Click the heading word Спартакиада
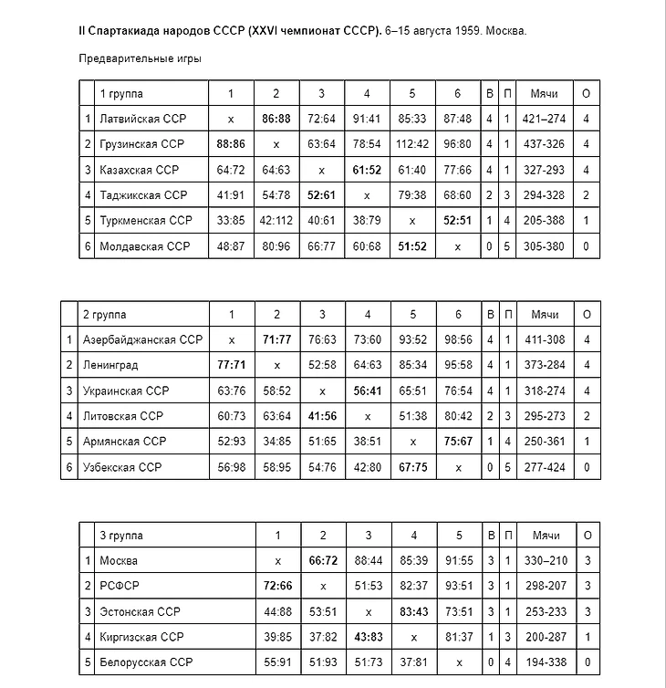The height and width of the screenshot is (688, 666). pos(123,31)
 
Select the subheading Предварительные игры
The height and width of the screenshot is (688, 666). pos(140,58)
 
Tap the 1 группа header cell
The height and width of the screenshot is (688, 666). pos(121,93)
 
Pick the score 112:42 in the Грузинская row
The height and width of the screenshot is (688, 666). pos(412,144)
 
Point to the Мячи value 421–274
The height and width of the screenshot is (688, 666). pos(545,119)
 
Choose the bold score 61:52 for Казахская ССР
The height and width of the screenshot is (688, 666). pos(367,170)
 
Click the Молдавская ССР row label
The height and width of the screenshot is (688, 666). pos(143,246)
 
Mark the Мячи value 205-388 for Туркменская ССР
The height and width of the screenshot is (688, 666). pos(545,221)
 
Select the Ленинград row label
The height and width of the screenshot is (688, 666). pos(110,365)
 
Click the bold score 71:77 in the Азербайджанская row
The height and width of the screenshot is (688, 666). pos(276,339)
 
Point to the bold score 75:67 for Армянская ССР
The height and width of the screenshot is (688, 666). pos(458,442)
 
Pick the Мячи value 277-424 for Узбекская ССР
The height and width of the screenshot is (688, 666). pos(545,467)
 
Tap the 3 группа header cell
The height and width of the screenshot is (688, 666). pos(121,536)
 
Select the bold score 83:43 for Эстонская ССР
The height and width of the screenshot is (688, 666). pos(413,611)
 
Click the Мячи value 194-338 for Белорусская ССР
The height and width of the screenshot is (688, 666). pos(546,662)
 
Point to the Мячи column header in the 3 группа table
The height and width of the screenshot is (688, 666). pos(546,536)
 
